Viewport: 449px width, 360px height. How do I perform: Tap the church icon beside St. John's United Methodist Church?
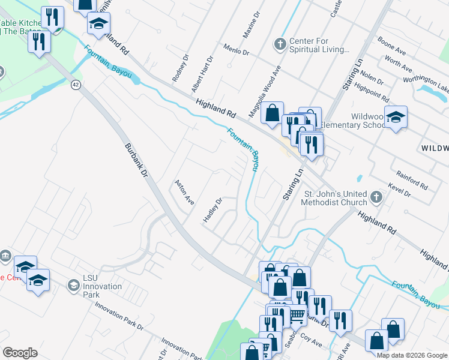point(376,197)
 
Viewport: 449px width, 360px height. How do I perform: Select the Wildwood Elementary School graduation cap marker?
point(396,117)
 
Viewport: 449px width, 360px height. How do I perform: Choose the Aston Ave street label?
point(184,193)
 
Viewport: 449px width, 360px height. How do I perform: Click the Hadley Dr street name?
point(212,210)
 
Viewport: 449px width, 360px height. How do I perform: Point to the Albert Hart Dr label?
point(202,74)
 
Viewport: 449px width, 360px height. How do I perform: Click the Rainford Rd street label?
point(411,179)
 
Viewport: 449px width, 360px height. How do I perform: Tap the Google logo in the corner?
point(20,352)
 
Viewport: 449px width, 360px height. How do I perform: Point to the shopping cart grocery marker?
point(296,314)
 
